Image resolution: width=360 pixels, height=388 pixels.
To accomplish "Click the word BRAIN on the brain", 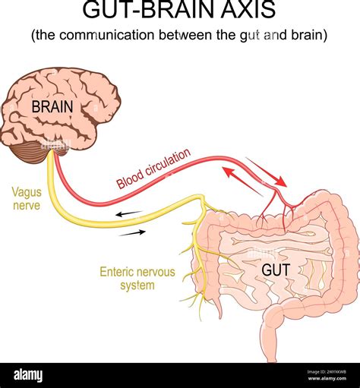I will pyautogui.click(x=52, y=107).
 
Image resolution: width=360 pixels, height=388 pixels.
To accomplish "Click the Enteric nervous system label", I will pyautogui.click(x=127, y=278).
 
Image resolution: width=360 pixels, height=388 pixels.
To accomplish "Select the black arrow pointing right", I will pyautogui.click(x=133, y=233).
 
